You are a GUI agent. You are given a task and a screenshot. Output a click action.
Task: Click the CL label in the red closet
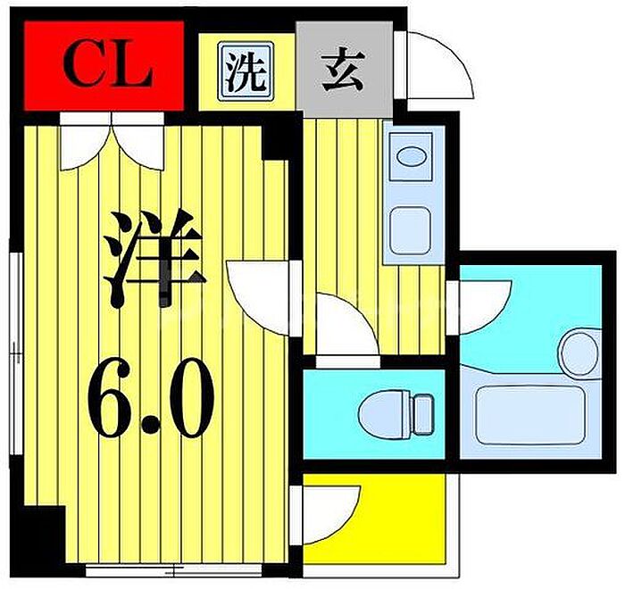tap(108, 67)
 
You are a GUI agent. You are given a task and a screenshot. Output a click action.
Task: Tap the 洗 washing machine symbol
tap(246, 71)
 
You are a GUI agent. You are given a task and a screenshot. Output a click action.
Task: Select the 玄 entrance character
tap(344, 69)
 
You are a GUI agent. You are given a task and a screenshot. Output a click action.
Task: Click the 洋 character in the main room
tap(154, 258)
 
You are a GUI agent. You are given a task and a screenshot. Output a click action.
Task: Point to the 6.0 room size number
tap(151, 398)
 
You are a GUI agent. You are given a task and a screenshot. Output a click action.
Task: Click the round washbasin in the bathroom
tap(580, 353)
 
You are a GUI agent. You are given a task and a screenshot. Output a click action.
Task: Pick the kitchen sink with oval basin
tap(411, 156)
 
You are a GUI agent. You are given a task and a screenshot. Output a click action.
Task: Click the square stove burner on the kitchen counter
tap(411, 231)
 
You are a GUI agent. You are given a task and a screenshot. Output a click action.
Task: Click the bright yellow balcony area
tap(374, 518)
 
